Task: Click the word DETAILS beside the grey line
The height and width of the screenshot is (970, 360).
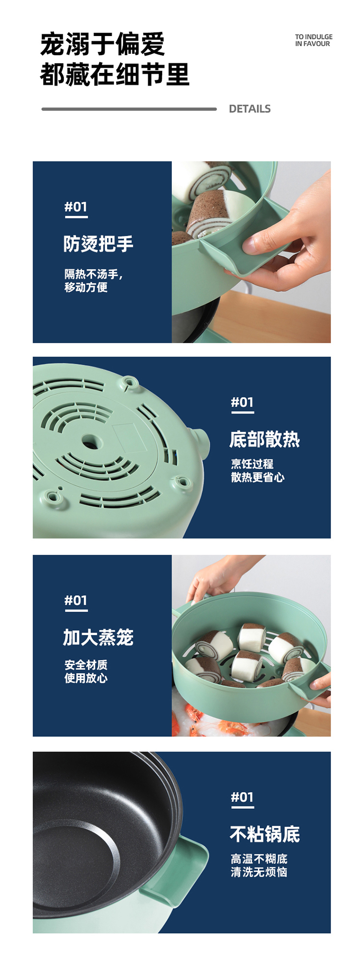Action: point(250,109)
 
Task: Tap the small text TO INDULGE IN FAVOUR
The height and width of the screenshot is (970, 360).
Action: point(313,40)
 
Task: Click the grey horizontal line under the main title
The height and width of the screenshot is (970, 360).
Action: point(129,109)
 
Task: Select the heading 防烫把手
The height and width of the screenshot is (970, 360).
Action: point(98,244)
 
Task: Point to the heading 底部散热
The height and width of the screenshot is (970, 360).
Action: point(264,439)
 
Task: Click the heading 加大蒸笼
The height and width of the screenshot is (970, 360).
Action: point(98,637)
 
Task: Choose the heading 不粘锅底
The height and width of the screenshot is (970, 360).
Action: point(264,834)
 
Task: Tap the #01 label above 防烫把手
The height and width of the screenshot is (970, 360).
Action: point(76,207)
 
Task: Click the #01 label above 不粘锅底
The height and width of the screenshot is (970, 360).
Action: point(242,797)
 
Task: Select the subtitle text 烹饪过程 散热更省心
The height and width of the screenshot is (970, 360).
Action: point(258,470)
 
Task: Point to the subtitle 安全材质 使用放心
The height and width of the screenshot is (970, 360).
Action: point(86,671)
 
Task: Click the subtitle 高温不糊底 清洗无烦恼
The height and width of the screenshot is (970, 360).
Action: point(259,865)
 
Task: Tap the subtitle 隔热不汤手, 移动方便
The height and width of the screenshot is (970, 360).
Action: point(94,281)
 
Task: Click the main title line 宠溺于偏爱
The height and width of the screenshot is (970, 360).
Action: point(102,44)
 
